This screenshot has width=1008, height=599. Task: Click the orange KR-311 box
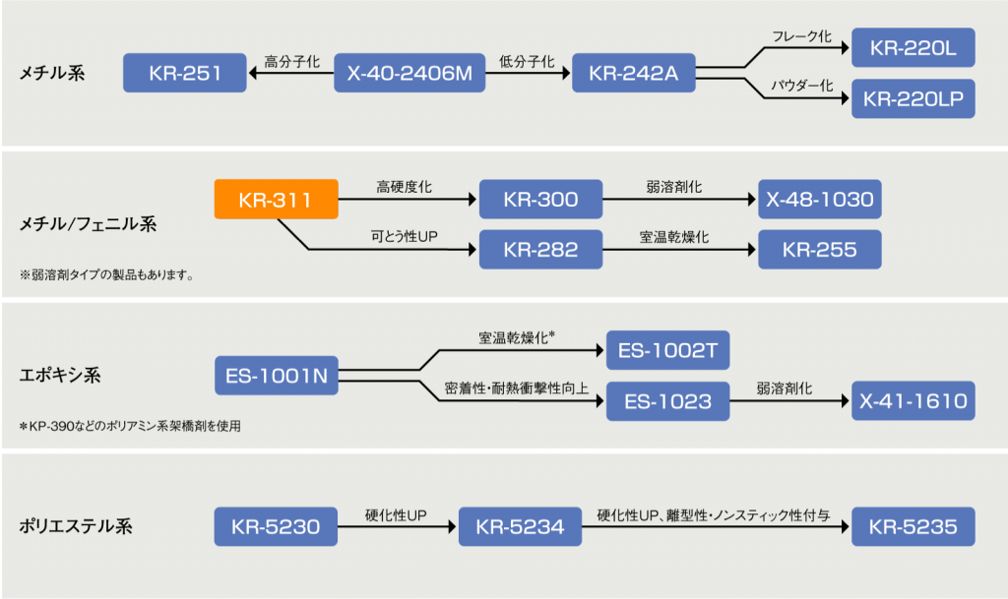click(276, 199)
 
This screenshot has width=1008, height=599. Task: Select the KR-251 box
click(184, 73)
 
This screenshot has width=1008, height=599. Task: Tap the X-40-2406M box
click(409, 73)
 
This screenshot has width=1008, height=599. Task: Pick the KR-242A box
click(634, 73)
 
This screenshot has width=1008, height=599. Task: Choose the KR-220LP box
click(913, 98)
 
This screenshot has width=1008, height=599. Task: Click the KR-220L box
click(913, 47)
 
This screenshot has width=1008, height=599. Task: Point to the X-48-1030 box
click(820, 199)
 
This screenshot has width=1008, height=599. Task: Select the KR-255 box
click(820, 249)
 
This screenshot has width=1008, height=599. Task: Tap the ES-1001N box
click(277, 376)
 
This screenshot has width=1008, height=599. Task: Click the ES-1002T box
click(668, 350)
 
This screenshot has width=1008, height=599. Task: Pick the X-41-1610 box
click(913, 401)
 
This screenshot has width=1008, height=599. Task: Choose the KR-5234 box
click(520, 526)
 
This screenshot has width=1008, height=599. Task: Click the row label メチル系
click(52, 73)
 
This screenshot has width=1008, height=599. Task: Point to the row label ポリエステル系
click(76, 526)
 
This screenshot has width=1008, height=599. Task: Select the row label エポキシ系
click(60, 375)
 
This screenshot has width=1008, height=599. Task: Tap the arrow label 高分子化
click(291, 62)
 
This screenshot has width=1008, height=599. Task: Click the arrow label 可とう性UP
click(404, 236)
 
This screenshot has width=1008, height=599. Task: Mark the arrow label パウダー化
click(801, 86)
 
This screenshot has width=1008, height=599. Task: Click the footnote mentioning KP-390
click(130, 426)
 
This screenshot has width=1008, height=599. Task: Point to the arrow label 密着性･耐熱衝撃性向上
click(516, 388)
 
